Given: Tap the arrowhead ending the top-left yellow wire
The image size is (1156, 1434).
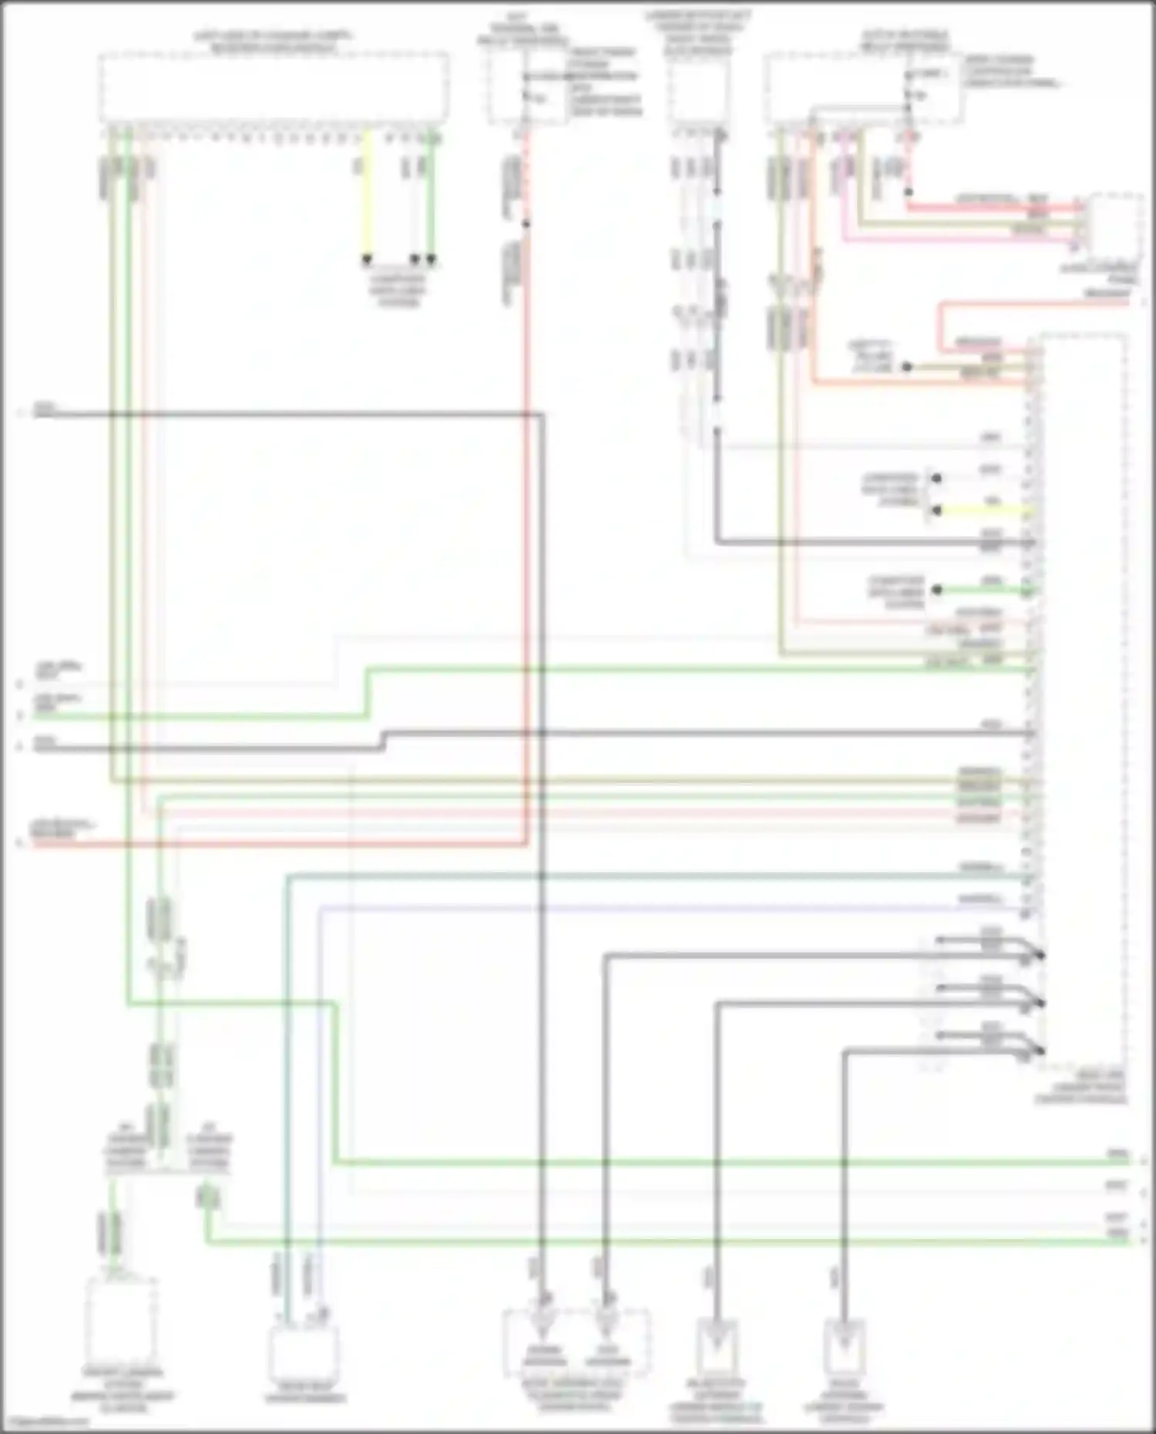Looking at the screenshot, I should [x=367, y=260].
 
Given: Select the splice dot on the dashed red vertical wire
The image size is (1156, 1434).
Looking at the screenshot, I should [x=526, y=224].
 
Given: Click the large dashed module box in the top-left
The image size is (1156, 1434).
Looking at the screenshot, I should [x=274, y=86].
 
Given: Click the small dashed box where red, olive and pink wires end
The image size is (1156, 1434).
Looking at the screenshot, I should [x=1114, y=223].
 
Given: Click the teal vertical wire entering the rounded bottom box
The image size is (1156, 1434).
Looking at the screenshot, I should [x=286, y=1156].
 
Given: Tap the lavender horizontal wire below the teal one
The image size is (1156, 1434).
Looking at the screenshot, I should [x=617, y=907].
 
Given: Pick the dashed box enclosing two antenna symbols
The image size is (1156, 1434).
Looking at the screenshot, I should [x=576, y=1342].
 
